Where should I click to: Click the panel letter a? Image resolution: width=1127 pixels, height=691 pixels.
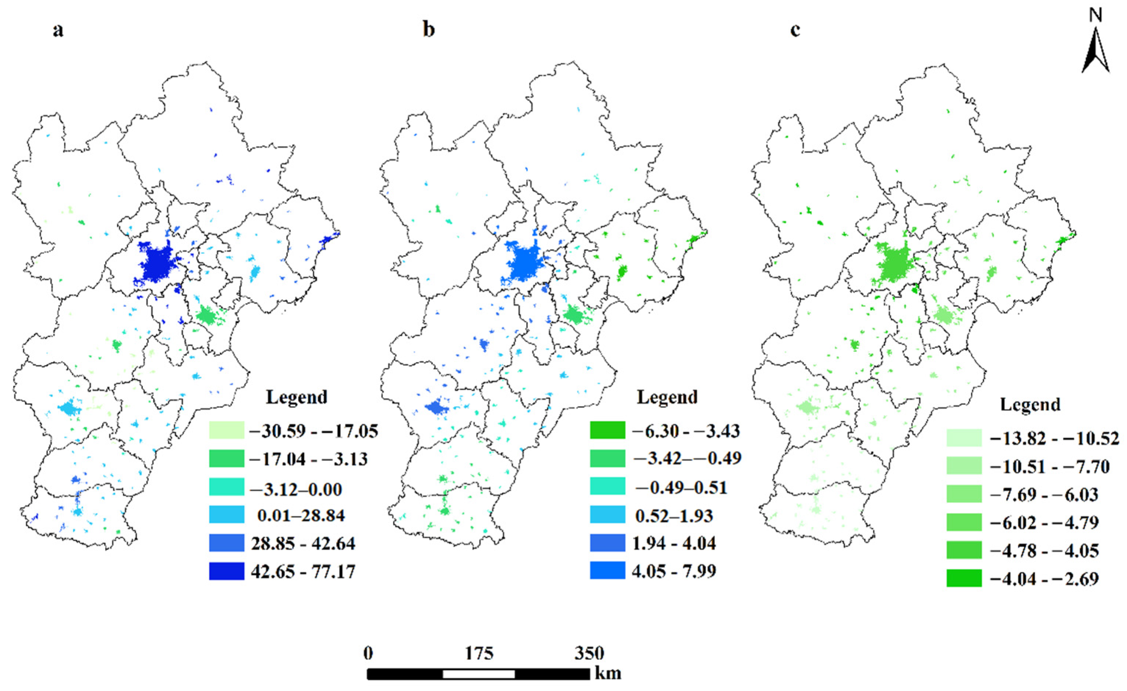click(58, 30)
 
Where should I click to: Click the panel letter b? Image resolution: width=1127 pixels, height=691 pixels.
click(429, 30)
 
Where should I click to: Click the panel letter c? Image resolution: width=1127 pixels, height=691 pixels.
click(795, 30)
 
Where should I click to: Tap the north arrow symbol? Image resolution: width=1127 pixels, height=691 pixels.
click(1095, 50)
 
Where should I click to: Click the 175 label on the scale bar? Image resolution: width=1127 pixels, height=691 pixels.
click(479, 653)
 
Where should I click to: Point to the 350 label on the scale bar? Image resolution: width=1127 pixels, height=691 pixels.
click(589, 653)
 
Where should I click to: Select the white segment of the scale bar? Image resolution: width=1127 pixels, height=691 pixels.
click(479, 674)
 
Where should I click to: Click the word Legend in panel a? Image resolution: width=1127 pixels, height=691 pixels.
click(297, 397)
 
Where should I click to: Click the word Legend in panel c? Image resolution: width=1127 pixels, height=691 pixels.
click(1030, 405)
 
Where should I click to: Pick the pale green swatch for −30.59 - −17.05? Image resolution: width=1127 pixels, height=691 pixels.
click(226, 430)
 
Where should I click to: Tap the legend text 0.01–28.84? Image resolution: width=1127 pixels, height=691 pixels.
click(301, 515)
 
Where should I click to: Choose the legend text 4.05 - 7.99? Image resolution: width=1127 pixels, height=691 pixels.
click(674, 571)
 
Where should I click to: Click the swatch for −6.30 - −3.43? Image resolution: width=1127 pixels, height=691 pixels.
click(607, 430)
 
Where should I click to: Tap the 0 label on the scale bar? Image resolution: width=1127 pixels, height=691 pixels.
click(368, 653)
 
